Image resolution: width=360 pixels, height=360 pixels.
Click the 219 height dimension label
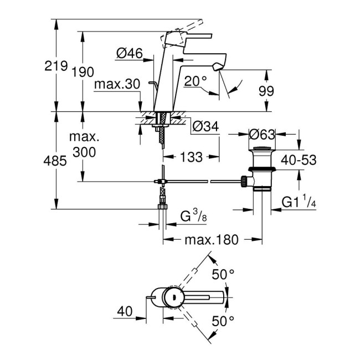(x=55, y=66)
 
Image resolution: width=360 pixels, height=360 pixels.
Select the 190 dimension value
(x=83, y=72)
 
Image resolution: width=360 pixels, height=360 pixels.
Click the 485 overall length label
(x=55, y=161)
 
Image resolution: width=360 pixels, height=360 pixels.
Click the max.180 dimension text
(x=211, y=240)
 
